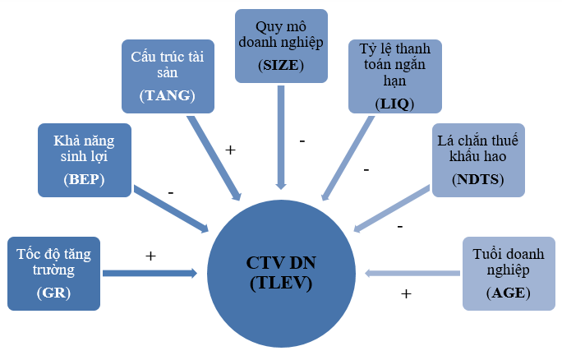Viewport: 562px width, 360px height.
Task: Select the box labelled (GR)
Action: click(x=53, y=274)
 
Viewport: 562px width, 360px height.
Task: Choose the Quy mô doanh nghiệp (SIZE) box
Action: click(x=281, y=46)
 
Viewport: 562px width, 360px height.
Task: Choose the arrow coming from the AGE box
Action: click(x=412, y=274)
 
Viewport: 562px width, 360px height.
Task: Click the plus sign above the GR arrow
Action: click(x=150, y=256)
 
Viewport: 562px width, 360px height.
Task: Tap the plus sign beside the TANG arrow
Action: click(x=231, y=150)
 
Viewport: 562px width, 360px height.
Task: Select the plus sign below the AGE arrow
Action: click(x=406, y=293)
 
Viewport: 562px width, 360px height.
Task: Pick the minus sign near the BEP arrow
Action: click(x=170, y=192)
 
